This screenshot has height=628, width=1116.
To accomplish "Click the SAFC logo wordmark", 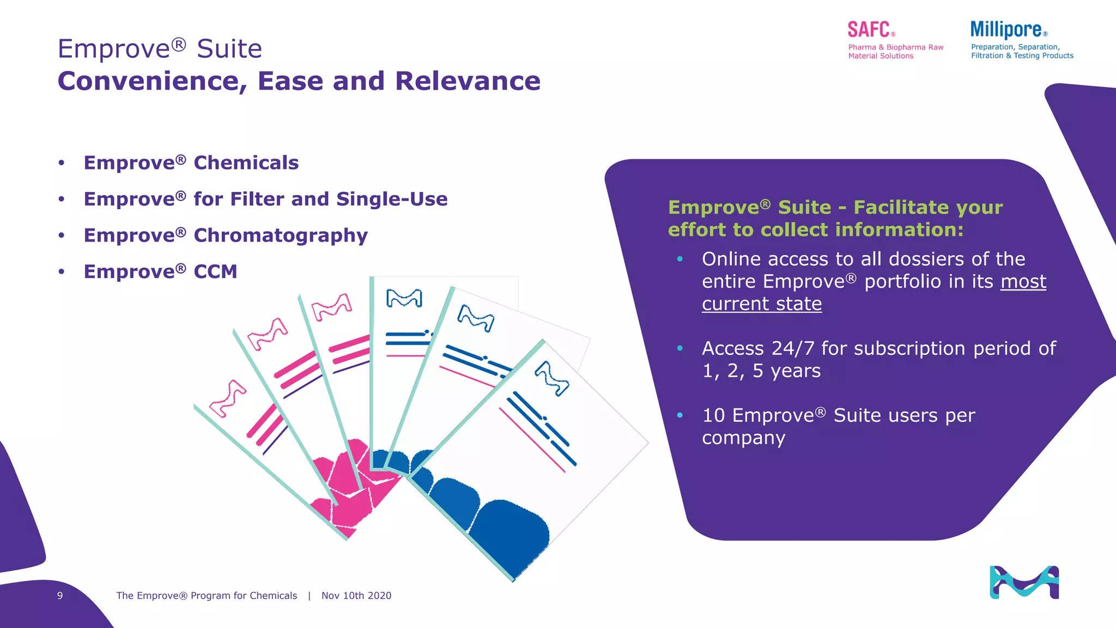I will click(x=869, y=29).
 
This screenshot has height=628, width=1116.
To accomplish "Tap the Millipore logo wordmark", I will click(x=1006, y=29).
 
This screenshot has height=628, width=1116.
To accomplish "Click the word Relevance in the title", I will click(x=468, y=81).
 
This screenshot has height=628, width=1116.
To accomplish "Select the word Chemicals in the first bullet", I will click(x=246, y=163).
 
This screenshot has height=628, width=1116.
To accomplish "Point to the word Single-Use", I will click(x=392, y=200).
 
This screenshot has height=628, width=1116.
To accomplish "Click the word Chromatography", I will click(x=281, y=235).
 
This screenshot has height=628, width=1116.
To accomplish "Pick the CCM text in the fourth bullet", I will click(x=215, y=271).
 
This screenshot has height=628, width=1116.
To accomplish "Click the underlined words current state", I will click(x=761, y=304).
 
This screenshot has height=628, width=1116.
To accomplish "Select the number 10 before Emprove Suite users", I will click(x=713, y=415).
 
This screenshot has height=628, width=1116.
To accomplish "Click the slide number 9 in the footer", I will click(x=60, y=596).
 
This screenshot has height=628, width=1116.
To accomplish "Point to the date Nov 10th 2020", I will click(x=356, y=596).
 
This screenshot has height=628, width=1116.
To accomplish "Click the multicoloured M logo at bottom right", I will click(x=1024, y=582).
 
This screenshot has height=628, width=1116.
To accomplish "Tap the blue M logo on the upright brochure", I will click(x=404, y=298).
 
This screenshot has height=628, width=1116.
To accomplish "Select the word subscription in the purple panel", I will click(x=894, y=348).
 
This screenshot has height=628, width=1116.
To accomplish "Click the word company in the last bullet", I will click(x=743, y=438).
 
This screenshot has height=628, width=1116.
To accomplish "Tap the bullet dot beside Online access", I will click(x=680, y=259).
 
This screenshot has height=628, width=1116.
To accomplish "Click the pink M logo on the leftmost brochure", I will click(x=228, y=398).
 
